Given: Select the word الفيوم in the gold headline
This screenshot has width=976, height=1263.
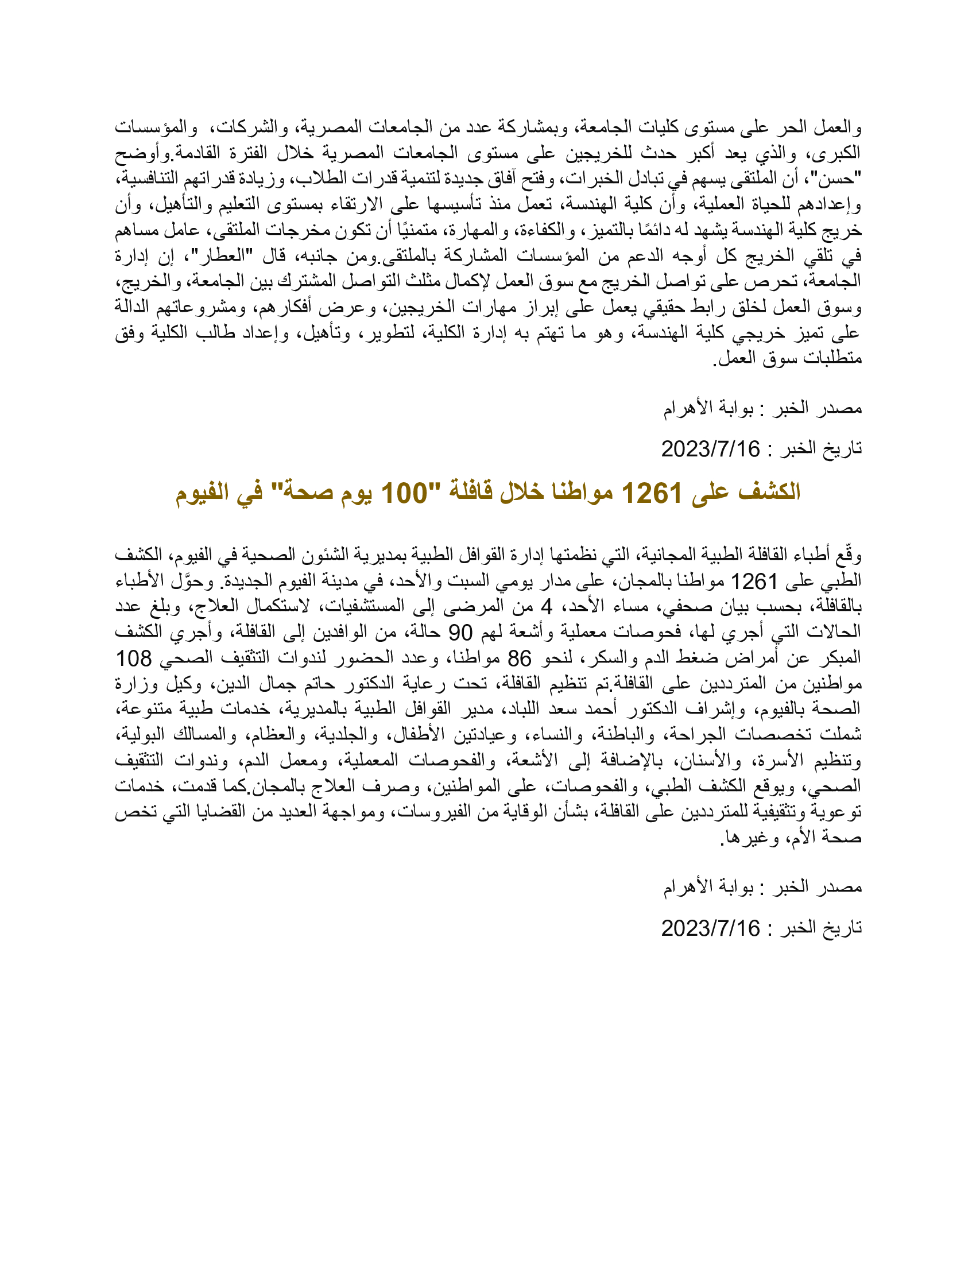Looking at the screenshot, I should point(202,493).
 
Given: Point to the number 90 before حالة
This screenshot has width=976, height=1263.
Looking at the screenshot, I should point(461,633).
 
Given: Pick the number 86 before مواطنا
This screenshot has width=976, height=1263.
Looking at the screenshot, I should point(518,658).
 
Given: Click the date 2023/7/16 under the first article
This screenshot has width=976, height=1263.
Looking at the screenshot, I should point(711,450).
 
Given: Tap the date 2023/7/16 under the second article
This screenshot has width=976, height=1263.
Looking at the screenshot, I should point(711,928).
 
